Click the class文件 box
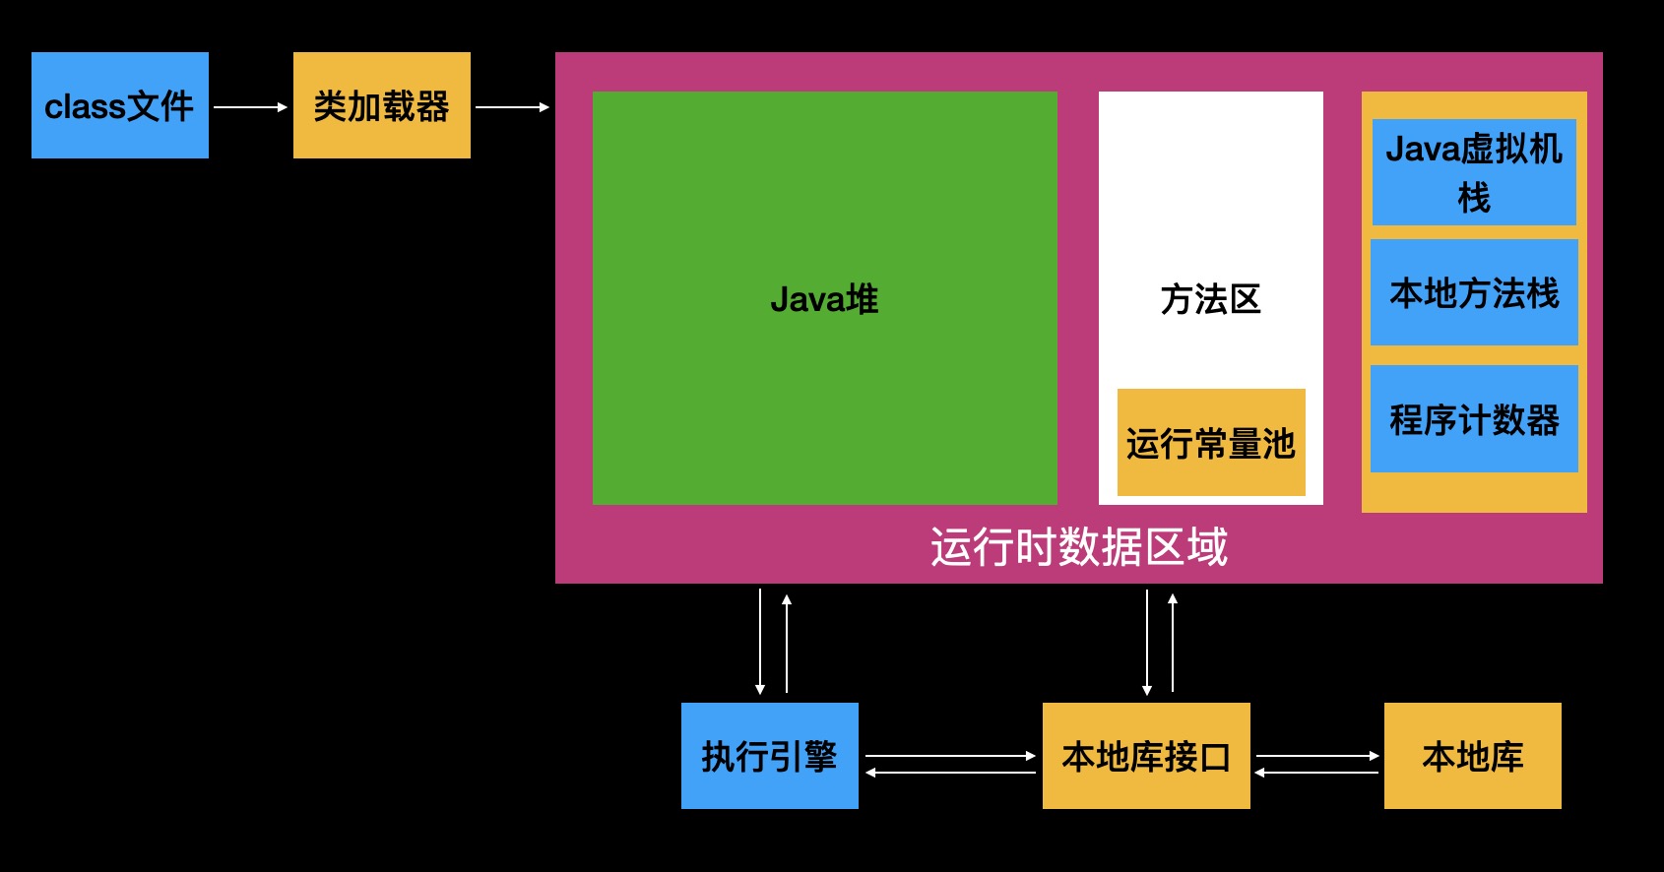[120, 105]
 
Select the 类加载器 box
[382, 105]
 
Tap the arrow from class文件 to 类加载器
[250, 106]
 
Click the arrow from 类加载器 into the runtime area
[512, 106]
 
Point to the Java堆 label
[824, 299]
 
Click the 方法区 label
[1210, 299]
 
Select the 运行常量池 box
[1211, 443]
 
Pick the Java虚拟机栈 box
[1474, 172]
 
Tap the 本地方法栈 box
[1474, 292]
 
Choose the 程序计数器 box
[1474, 419]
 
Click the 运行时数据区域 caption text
[1079, 547]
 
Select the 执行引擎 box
[770, 756]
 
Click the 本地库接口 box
[1146, 756]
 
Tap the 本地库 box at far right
[1473, 756]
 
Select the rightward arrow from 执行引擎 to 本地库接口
[950, 756]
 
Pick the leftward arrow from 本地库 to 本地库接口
[1316, 773]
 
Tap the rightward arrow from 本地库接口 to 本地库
[1317, 756]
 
